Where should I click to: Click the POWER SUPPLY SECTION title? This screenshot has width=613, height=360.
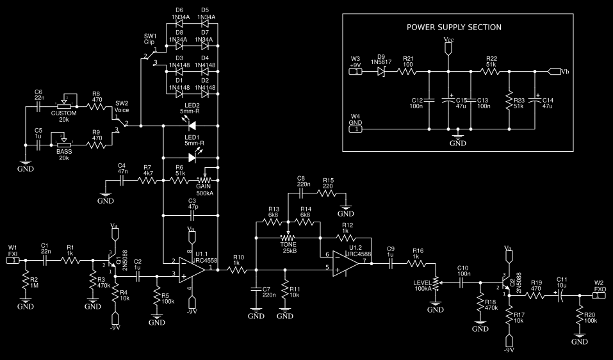(x=454, y=27)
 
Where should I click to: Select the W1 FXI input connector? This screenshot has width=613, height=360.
(x=13, y=260)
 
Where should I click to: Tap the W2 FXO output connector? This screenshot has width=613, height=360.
(x=598, y=295)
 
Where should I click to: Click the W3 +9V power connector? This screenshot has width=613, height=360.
(x=356, y=72)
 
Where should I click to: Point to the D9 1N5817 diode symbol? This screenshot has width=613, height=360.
(x=382, y=72)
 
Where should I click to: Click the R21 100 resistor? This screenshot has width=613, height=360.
(x=408, y=72)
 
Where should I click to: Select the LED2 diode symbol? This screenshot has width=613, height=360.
(x=191, y=126)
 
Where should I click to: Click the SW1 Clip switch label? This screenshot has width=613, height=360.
(x=150, y=39)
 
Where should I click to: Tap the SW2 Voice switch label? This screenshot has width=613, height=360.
(x=122, y=106)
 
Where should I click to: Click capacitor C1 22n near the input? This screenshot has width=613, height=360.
(x=45, y=260)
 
